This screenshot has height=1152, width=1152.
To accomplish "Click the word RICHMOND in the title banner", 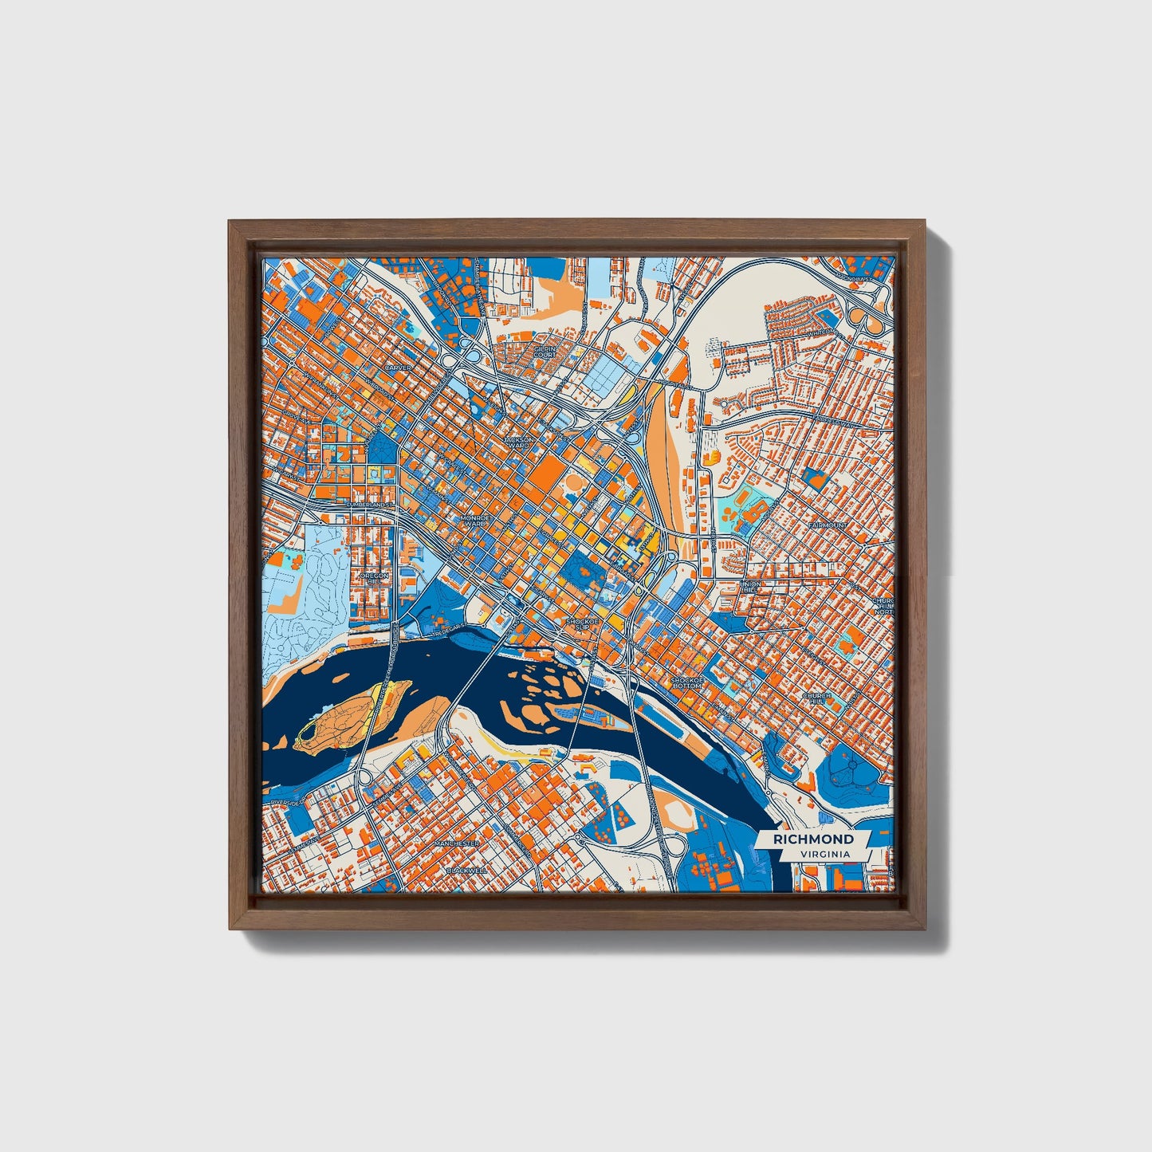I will pyautogui.click(x=813, y=839).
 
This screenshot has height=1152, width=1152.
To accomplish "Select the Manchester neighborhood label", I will pyautogui.click(x=456, y=843).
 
